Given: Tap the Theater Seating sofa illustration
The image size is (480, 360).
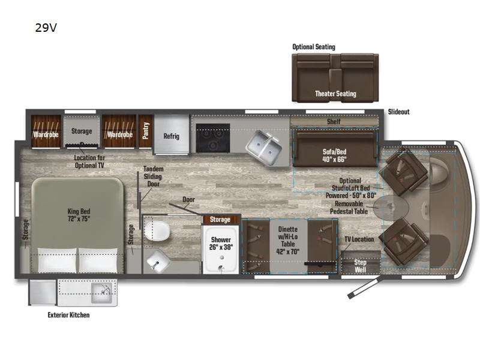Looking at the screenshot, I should pyautogui.click(x=335, y=78).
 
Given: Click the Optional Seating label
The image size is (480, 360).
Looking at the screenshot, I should pyautogui.click(x=314, y=47).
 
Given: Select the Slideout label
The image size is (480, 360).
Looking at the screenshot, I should pyautogui.click(x=399, y=112).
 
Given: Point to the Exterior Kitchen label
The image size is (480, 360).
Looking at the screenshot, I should pyautogui.click(x=68, y=315).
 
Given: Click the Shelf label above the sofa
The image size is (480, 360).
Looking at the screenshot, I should pyautogui.click(x=334, y=122).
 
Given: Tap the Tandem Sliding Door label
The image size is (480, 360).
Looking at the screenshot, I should pyautogui.click(x=153, y=176).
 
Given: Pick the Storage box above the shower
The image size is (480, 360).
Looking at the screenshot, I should pyautogui.click(x=220, y=220).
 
